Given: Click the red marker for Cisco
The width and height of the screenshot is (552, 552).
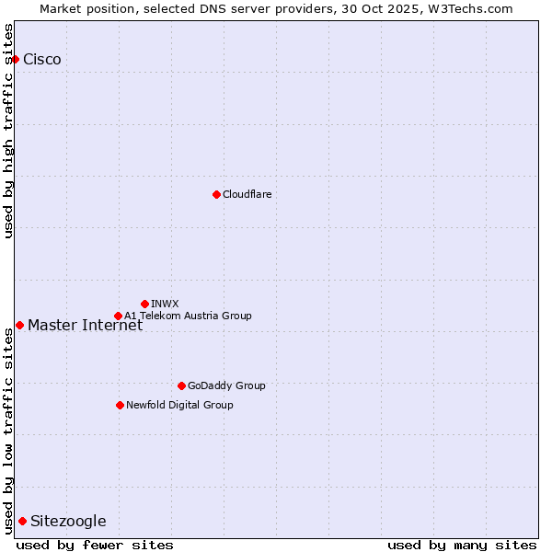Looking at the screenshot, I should click(x=15, y=59).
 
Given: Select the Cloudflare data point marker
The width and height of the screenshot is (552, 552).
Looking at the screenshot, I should click(x=216, y=194).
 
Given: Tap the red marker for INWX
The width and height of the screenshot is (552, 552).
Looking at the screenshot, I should click(x=144, y=304).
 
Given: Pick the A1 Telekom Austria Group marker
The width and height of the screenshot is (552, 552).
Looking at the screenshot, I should click(x=118, y=316).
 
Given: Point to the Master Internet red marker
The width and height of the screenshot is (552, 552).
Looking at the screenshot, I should click(x=19, y=325).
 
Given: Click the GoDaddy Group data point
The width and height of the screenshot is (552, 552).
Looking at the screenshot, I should click(x=181, y=385).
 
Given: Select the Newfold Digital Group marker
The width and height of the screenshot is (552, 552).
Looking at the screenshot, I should click(x=120, y=405).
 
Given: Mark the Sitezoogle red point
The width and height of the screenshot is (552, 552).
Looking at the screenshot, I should click(x=22, y=522).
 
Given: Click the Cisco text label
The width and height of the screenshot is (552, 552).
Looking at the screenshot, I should click(x=42, y=60).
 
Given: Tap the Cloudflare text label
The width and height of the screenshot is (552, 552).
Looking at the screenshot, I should click(x=247, y=194).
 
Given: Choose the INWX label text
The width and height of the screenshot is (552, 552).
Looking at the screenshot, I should click(x=165, y=304).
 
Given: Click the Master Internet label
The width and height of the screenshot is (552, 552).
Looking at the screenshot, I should click(x=85, y=326).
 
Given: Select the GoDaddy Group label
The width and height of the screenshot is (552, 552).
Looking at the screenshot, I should click(x=226, y=385).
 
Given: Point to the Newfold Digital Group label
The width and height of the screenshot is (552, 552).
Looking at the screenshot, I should click(x=179, y=405).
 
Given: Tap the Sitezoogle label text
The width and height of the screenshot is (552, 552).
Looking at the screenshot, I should click(x=68, y=522).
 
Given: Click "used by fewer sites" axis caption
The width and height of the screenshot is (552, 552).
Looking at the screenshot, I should click(x=95, y=545).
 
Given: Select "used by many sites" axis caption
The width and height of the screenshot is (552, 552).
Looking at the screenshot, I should click(x=462, y=545).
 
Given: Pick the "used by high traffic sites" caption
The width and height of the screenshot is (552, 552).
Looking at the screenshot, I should click(x=9, y=130).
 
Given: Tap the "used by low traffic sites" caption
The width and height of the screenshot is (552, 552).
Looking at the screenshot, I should click(x=9, y=430).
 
